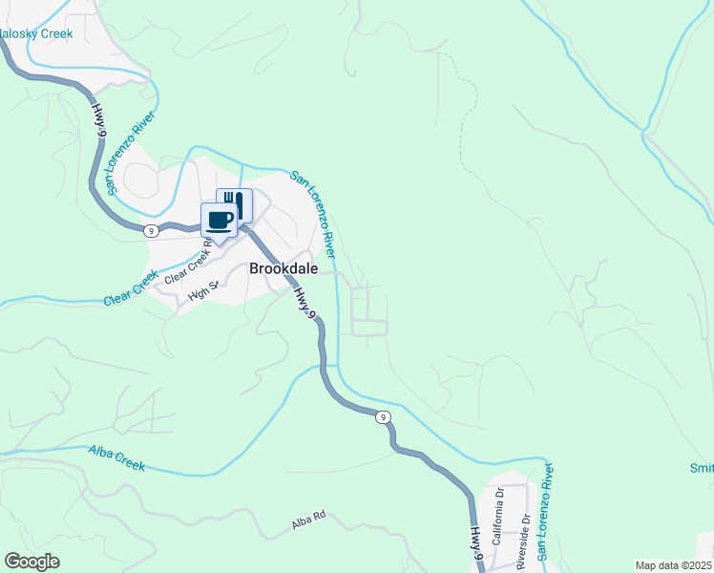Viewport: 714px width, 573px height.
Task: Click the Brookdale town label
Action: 278,268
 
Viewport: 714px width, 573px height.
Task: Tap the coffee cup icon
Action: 219,220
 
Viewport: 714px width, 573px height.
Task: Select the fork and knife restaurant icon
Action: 235,203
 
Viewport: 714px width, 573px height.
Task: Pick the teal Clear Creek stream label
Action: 131,289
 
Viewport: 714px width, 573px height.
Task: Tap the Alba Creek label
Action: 116,457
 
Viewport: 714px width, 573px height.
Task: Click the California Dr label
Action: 497,516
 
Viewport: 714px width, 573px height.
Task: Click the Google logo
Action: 31,562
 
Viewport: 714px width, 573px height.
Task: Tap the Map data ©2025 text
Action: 673,564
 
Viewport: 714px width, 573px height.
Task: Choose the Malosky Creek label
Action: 36,33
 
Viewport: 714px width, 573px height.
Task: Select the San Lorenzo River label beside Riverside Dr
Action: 545,511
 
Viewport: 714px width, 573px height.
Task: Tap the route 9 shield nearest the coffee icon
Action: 151,230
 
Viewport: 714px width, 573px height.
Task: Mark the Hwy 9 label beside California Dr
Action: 475,545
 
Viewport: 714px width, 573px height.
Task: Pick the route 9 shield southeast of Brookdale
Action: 382,416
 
